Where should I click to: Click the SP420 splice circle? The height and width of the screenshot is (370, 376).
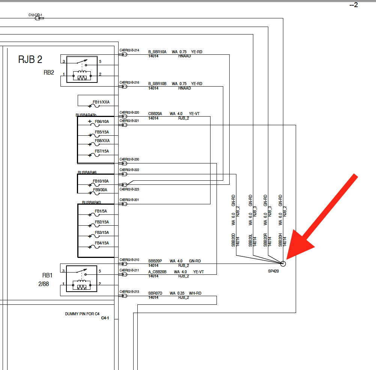283,264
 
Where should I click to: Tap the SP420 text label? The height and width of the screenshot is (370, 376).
273,271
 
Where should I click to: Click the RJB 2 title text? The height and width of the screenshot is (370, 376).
30,59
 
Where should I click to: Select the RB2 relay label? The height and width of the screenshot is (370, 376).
49,73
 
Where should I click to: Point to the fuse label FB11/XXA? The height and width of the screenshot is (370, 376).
101,102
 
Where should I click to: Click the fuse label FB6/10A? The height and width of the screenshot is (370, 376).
102,121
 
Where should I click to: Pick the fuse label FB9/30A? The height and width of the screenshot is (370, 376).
100,190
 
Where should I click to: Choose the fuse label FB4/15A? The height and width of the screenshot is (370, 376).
102,243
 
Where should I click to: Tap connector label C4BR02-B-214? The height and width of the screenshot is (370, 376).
129,50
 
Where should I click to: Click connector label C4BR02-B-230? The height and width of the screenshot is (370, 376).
129,159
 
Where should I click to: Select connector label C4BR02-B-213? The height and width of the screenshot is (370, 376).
129,291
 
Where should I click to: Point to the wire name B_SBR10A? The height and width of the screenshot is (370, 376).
157,52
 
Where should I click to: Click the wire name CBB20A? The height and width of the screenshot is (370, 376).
155,114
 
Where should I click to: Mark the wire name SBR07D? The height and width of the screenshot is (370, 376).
155,293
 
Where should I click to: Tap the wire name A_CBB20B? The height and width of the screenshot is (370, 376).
158,272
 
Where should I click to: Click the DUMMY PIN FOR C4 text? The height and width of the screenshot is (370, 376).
82,314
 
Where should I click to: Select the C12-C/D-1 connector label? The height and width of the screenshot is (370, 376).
35,15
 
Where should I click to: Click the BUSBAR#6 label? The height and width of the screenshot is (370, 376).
87,172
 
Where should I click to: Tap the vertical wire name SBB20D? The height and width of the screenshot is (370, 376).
233,240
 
